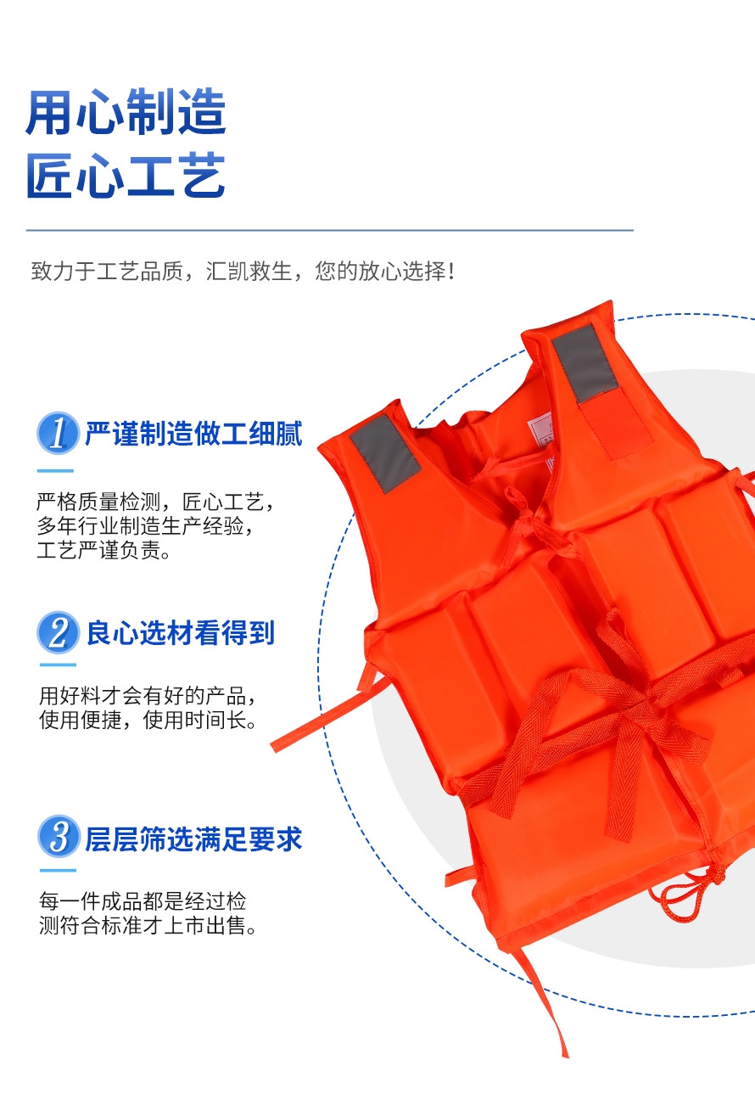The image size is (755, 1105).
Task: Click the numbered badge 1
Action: [59, 433]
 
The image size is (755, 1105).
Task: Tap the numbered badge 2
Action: [59, 632]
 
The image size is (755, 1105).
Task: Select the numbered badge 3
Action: [59, 836]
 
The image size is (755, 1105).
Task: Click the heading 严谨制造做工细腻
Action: [193, 434]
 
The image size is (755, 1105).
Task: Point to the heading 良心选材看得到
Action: [181, 633]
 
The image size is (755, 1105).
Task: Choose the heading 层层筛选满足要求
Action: [193, 839]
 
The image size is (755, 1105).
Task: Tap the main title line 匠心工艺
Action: [126, 176]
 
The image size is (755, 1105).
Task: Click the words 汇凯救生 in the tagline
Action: [249, 271]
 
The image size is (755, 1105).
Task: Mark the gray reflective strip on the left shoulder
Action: [386, 453]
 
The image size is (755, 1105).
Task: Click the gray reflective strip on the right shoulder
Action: [585, 363]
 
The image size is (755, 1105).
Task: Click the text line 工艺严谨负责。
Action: [104, 551]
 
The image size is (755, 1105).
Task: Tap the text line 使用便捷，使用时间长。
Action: [148, 721]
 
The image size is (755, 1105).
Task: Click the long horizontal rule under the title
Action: [329, 230]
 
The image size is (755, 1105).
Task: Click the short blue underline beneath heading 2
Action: [58, 665]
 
